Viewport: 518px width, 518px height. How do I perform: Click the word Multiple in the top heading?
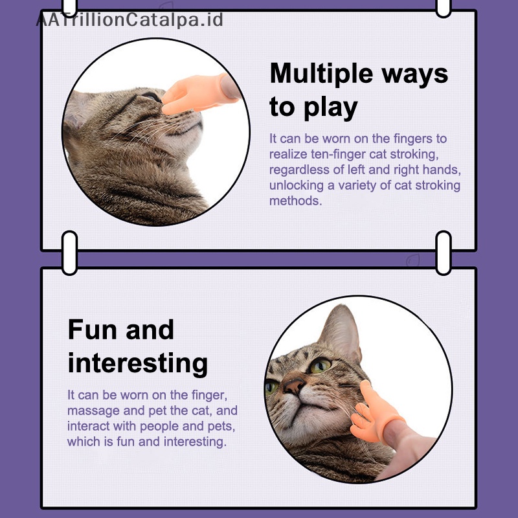pyautogui.click(x=321, y=74)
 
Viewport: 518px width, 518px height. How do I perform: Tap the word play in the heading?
pyautogui.click(x=330, y=108)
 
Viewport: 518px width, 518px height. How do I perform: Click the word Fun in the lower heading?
pyautogui.click(x=93, y=330)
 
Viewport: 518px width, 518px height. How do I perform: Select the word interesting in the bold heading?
pyautogui.click(x=138, y=363)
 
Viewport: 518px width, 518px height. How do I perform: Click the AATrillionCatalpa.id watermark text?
pyautogui.click(x=129, y=19)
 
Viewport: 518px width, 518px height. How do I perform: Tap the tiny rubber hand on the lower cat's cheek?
pyautogui.click(x=375, y=412)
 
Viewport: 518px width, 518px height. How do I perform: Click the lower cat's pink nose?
pyautogui.click(x=294, y=385)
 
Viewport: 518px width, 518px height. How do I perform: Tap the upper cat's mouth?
pyautogui.click(x=185, y=130)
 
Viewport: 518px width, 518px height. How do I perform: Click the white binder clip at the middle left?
pyautogui.click(x=70, y=253)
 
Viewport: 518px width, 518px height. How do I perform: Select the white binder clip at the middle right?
pyautogui.click(x=444, y=253)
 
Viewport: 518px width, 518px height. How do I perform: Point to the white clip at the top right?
pyautogui.click(x=444, y=7)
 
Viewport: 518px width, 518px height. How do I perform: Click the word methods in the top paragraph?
pyautogui.click(x=295, y=201)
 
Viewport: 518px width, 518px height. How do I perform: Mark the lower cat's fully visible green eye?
pyautogui.click(x=320, y=365)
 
